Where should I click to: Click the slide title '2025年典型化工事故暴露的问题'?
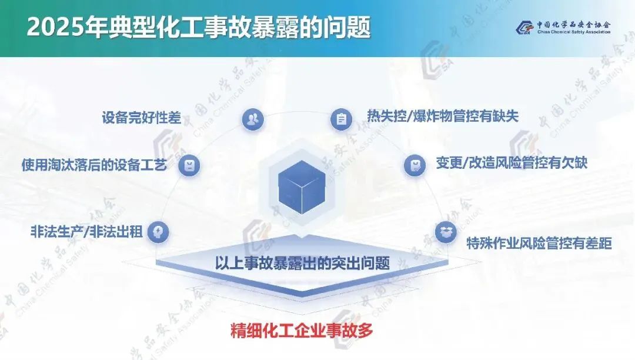[199, 28]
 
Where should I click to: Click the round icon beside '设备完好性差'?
[253, 120]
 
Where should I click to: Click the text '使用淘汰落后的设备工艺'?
[95, 164]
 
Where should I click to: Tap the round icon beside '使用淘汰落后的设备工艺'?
[189, 165]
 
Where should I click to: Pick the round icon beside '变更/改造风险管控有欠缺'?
[415, 165]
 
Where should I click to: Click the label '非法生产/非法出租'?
[86, 231]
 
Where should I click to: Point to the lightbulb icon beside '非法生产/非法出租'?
[158, 232]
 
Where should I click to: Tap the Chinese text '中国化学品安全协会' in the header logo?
[573, 24]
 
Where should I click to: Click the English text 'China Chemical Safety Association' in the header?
[573, 33]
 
